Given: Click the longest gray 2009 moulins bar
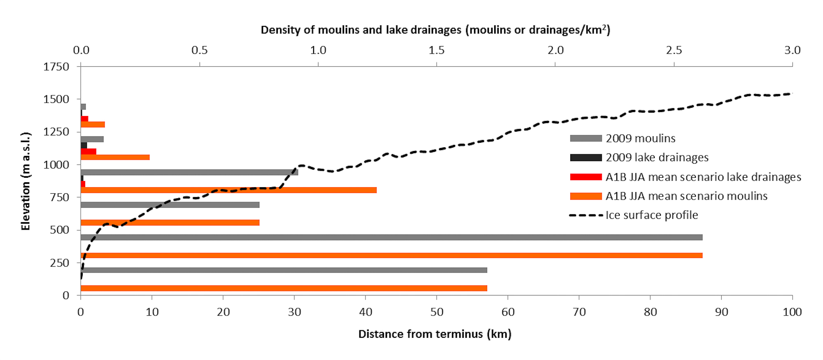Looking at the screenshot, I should click(391, 237).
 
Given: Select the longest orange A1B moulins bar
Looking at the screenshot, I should click(391, 255).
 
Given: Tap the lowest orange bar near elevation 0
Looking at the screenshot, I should click(284, 288).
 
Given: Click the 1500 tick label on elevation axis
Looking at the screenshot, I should click(56, 99).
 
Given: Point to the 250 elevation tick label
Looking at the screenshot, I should click(59, 263).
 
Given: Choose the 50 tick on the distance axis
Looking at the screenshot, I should click(437, 312).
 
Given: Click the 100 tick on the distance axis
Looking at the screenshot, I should click(792, 312).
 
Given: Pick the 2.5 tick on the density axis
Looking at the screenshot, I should click(674, 50).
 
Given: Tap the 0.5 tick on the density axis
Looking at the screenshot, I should click(200, 50).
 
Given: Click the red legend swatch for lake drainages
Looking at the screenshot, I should click(586, 177).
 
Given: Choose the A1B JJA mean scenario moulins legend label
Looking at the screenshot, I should click(686, 196).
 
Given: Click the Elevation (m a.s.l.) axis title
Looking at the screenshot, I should click(26, 181).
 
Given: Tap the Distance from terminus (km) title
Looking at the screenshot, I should click(435, 334).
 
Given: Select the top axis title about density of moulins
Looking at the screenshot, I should click(435, 30).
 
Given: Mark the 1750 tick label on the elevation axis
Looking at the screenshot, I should click(56, 67).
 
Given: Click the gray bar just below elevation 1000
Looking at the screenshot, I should click(189, 172).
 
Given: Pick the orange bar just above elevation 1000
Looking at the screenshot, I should click(115, 157).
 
